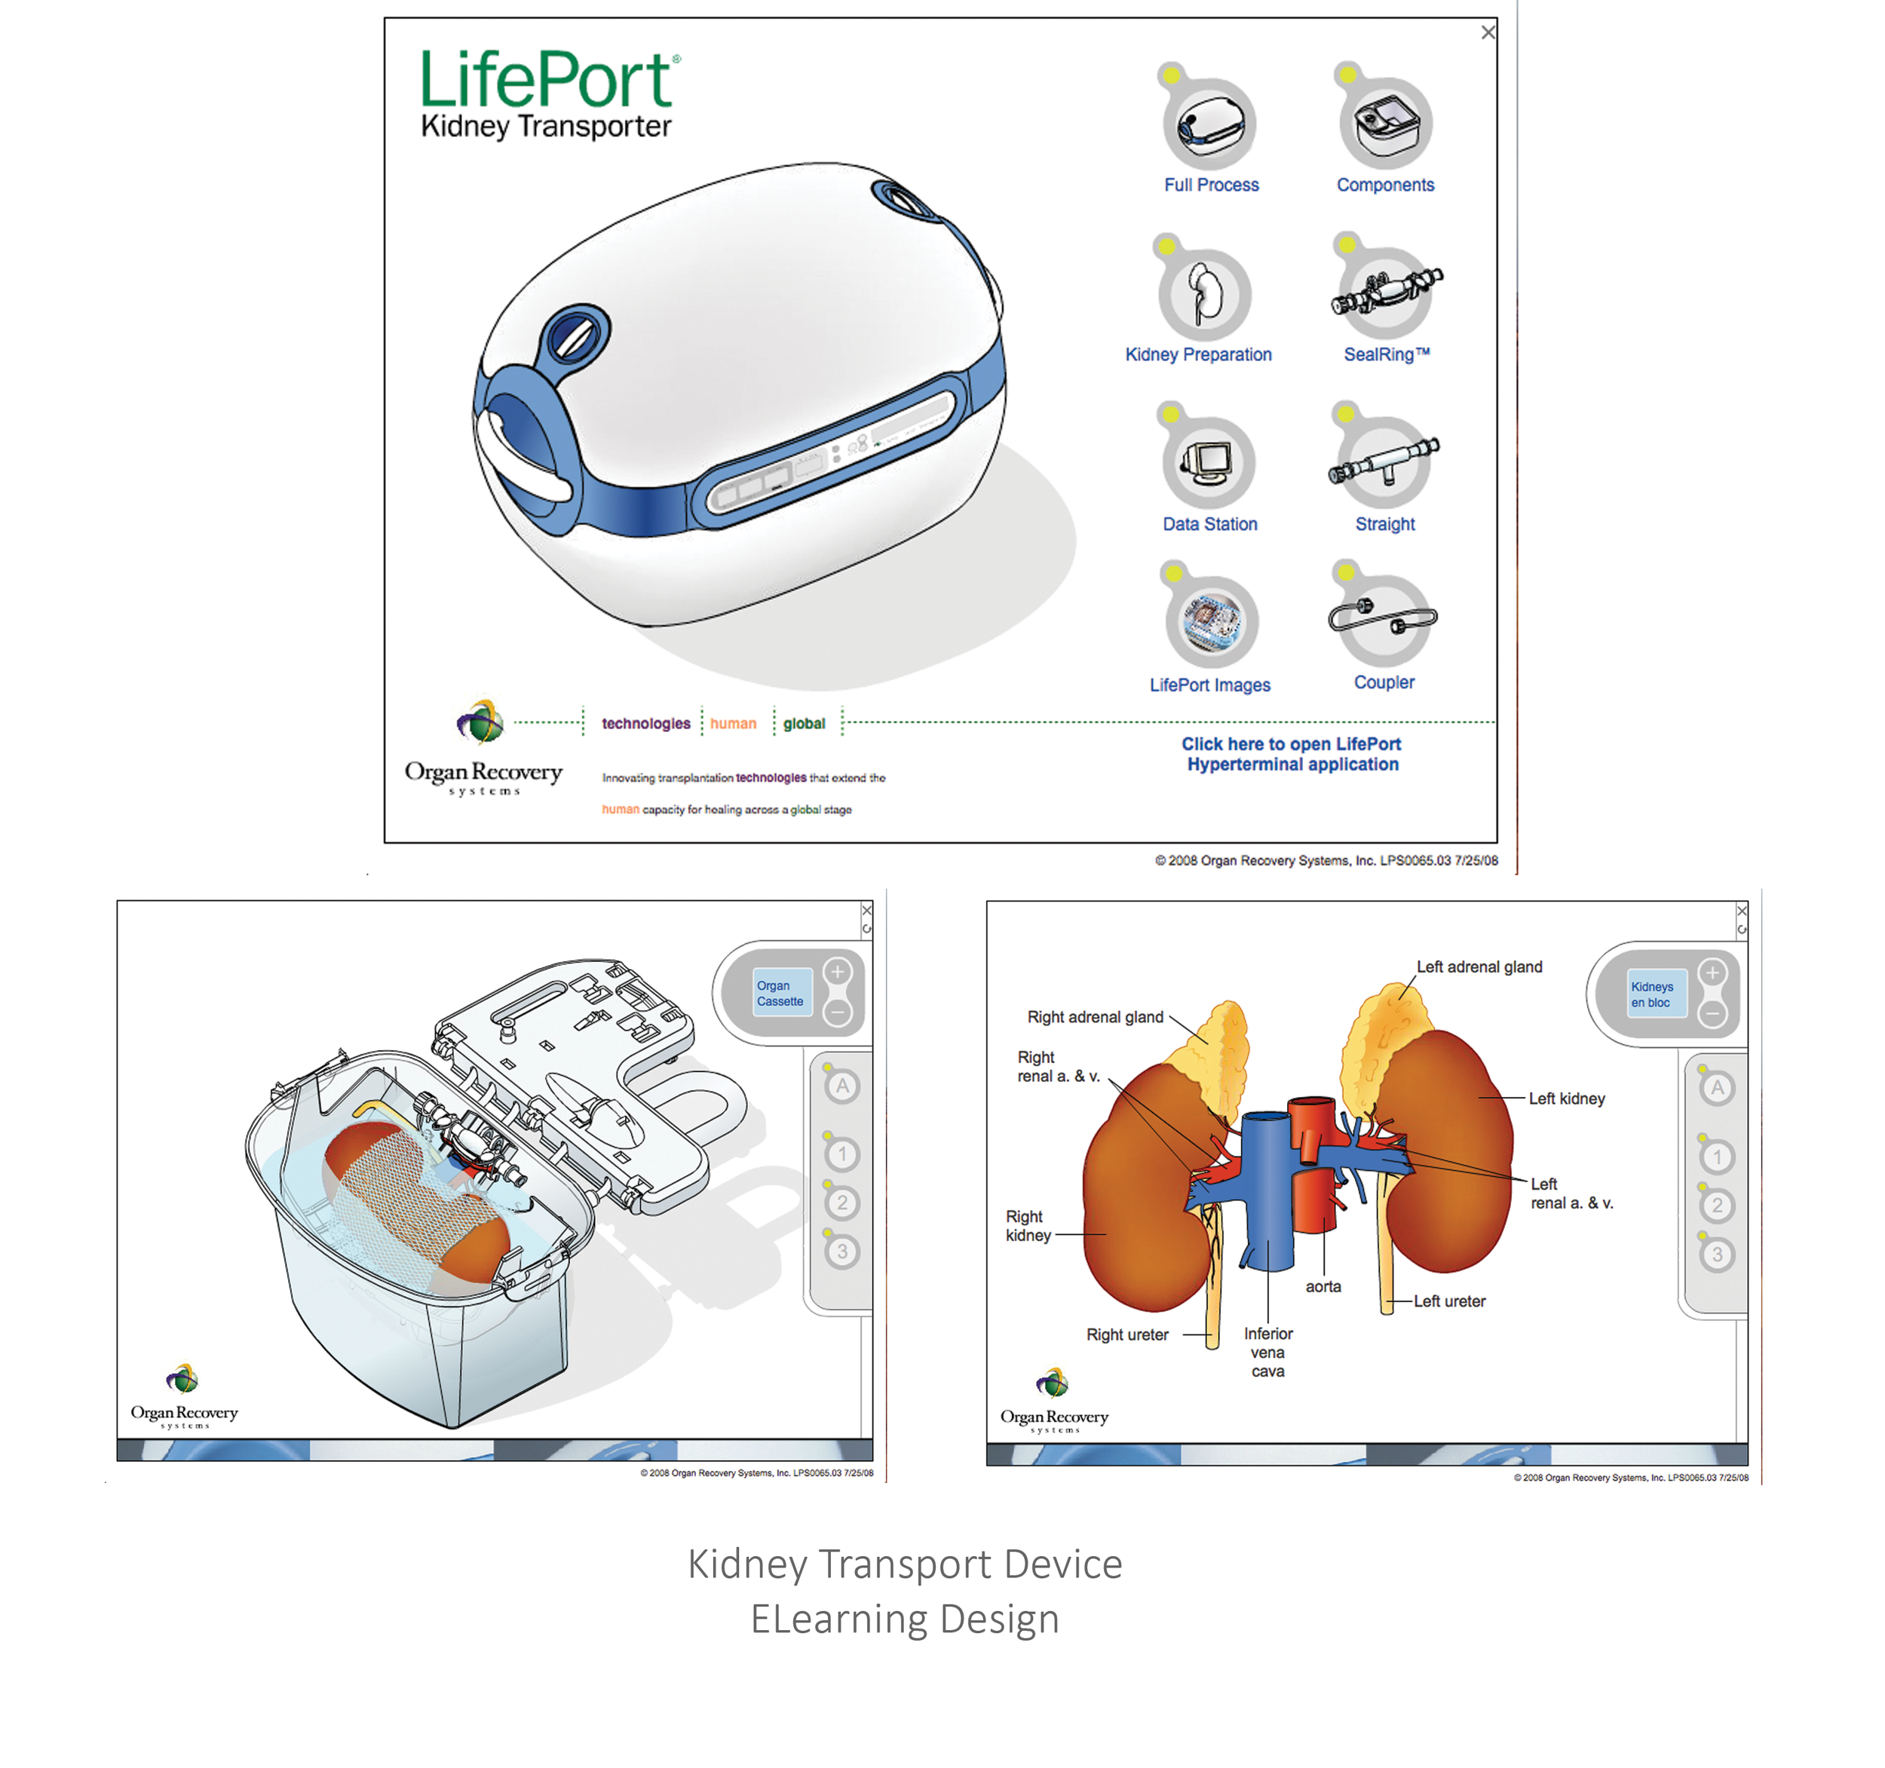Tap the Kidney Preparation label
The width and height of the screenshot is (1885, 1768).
(1199, 354)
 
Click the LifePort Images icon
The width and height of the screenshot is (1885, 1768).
(1212, 622)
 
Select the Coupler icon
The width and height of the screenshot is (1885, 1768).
(1384, 619)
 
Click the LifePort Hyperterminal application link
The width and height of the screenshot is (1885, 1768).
(1292, 755)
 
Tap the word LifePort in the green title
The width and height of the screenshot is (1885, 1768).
(546, 80)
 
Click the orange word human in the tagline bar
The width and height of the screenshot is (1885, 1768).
(733, 723)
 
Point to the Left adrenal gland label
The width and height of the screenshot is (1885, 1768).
(1479, 967)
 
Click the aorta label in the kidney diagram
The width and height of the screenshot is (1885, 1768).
(1323, 1286)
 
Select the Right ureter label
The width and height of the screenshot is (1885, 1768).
(1127, 1334)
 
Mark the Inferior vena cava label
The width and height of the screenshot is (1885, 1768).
(1267, 1352)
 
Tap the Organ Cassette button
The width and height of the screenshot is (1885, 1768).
(780, 994)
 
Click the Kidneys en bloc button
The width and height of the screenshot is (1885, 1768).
(1653, 994)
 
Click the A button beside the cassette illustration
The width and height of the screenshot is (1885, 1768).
(842, 1086)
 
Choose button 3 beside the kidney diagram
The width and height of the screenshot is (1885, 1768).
(1716, 1255)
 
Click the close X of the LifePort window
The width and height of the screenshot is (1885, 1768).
(1488, 33)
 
